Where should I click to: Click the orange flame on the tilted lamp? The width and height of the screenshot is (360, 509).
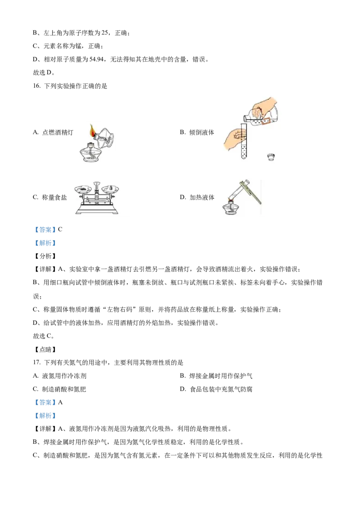[x=93, y=131]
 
